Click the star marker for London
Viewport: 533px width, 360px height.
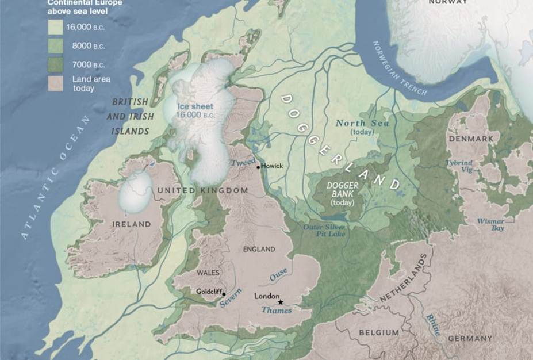[281, 302]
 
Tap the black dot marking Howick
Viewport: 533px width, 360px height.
[258, 167]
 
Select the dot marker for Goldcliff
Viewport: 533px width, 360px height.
[223, 293]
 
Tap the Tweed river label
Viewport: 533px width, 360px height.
[242, 163]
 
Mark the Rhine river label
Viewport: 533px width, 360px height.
[432, 325]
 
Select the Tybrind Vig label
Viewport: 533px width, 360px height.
[459, 166]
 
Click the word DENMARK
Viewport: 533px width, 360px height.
[471, 139]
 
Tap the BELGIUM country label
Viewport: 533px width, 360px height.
[379, 332]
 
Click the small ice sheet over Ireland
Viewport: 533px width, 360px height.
[136, 192]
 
